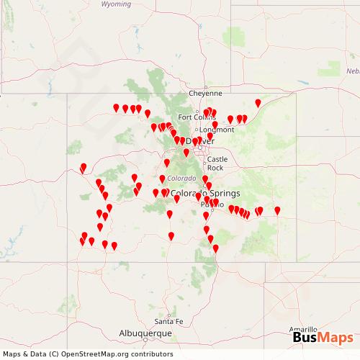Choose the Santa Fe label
169,321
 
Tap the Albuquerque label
145,334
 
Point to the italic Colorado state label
181,179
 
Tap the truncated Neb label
353,71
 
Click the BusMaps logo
323,338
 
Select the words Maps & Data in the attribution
22,354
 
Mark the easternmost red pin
277,211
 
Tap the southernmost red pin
215,248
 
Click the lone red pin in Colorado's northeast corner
258,104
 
